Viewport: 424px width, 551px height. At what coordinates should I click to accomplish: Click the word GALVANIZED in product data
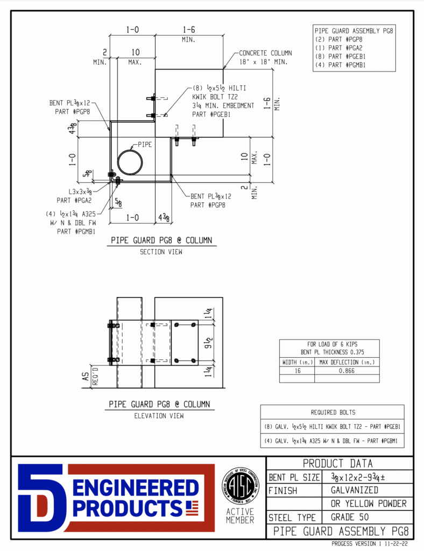click(350, 490)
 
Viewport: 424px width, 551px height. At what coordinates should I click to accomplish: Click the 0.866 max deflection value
click(347, 371)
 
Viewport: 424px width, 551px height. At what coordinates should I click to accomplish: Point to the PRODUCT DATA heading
click(337, 463)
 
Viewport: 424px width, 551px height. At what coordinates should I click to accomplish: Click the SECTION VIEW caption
click(160, 251)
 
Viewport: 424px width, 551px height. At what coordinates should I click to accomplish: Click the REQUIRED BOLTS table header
click(332, 412)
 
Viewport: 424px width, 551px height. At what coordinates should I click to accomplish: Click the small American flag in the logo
click(192, 506)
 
